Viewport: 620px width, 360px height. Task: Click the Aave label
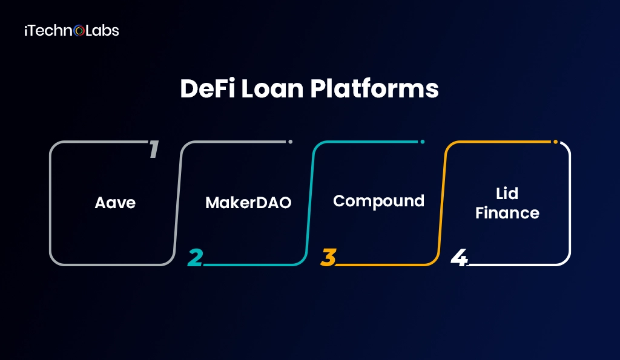click(x=115, y=202)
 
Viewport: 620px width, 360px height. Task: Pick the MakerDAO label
click(x=248, y=202)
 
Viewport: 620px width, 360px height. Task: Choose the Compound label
click(x=378, y=200)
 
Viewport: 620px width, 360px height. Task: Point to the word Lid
click(x=507, y=194)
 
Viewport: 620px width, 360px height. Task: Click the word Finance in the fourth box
click(x=507, y=213)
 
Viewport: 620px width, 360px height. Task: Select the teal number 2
click(x=195, y=257)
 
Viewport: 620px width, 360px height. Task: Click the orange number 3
click(x=328, y=257)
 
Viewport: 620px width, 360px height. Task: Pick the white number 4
click(x=459, y=257)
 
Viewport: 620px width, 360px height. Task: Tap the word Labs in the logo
click(x=102, y=30)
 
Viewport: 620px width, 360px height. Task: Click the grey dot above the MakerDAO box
click(x=290, y=142)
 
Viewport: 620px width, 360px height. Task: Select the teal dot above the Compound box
click(x=422, y=142)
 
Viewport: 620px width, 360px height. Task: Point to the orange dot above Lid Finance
click(x=555, y=142)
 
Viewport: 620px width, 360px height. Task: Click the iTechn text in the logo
click(x=48, y=30)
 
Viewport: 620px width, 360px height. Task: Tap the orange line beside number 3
click(x=381, y=265)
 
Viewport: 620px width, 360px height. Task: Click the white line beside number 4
click(x=515, y=265)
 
